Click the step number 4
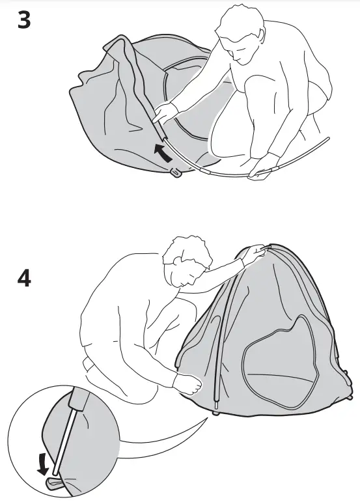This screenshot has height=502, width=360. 23,278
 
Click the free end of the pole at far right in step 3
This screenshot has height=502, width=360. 329,138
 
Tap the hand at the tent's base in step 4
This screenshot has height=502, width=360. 188,386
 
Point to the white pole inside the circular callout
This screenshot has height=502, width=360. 66,436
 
